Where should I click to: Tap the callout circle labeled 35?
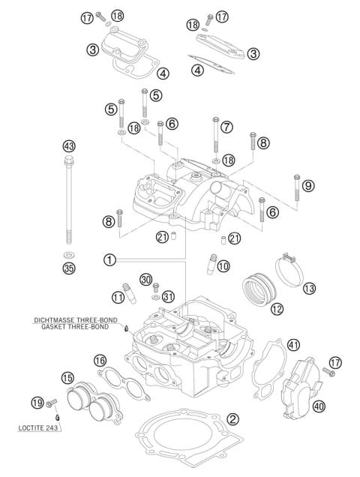click(x=69, y=268)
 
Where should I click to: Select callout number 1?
click(x=110, y=259)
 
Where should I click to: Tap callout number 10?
click(x=223, y=266)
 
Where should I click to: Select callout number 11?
click(x=118, y=297)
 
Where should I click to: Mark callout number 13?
click(x=309, y=287)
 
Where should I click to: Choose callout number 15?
click(x=67, y=378)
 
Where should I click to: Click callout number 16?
click(x=100, y=361)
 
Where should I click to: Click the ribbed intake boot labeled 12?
click(x=257, y=288)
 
